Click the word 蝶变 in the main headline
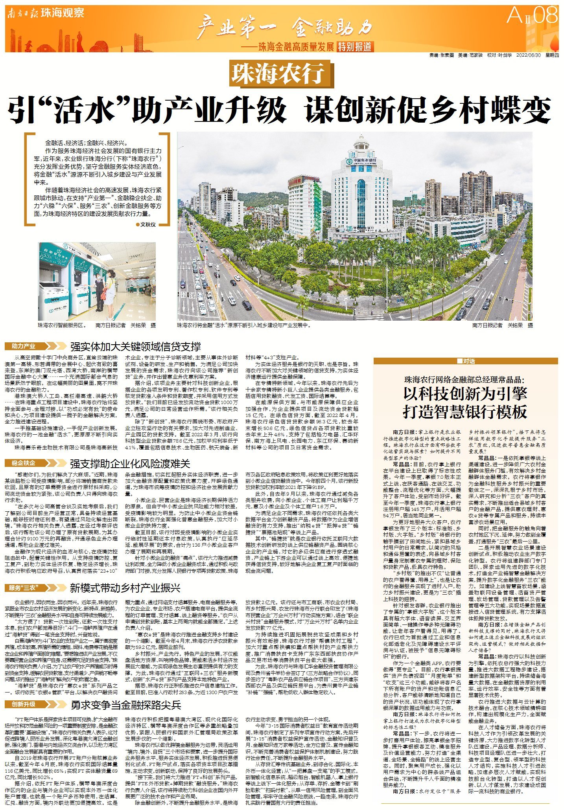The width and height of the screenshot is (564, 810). [523, 110]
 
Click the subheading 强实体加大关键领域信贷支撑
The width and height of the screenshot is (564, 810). [135, 347]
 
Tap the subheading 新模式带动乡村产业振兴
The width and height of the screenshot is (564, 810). [125, 588]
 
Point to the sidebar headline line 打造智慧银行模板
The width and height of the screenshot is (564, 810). [465, 411]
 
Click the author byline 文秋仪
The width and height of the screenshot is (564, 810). [147, 224]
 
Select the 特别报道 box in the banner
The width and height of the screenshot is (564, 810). [356, 47]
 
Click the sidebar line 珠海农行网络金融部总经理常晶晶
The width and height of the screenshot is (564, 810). [465, 380]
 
